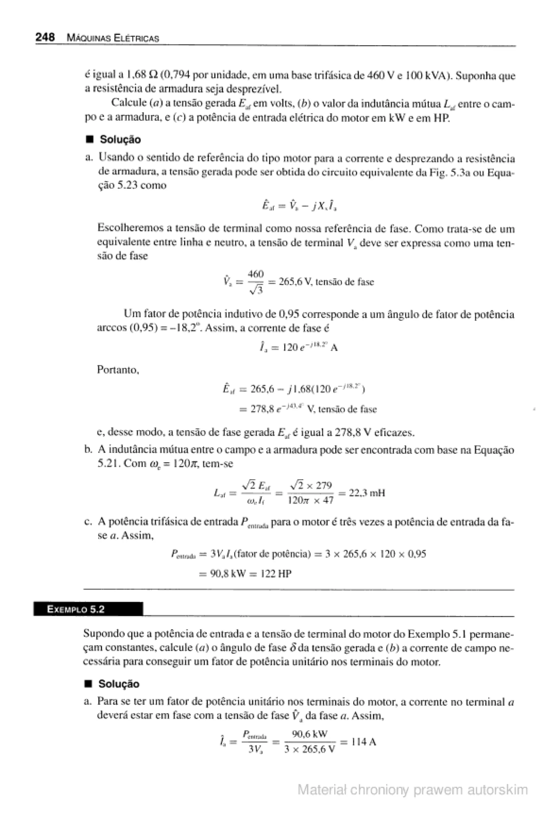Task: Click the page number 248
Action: point(45,37)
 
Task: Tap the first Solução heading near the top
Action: point(120,140)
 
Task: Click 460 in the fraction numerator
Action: point(256,274)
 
